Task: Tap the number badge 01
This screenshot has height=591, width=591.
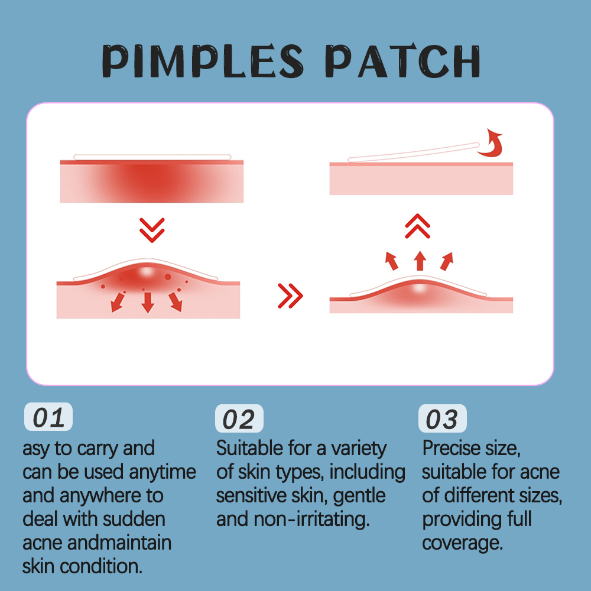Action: coord(48,418)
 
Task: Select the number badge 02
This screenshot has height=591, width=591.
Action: coord(239,419)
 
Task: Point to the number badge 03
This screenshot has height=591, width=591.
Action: coord(442,420)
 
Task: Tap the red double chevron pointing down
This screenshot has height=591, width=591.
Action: coord(152,230)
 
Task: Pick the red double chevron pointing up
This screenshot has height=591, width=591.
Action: coord(418,226)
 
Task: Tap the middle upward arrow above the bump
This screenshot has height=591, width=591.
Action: coord(420,260)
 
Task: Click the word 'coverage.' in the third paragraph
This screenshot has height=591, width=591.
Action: coord(463,543)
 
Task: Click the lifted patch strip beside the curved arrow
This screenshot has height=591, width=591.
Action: coord(414,151)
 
